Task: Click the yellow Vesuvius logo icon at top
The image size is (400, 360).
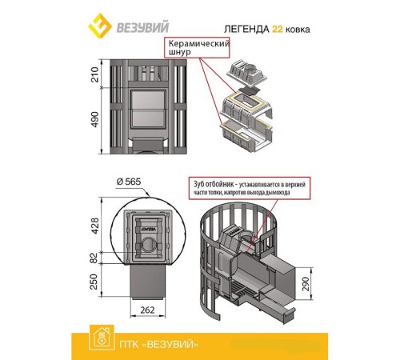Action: [100, 26]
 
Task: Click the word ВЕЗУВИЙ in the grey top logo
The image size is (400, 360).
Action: [143, 27]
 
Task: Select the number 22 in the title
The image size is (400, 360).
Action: [277, 29]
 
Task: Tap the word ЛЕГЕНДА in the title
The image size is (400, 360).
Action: [246, 29]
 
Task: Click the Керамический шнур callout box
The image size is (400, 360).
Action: [197, 47]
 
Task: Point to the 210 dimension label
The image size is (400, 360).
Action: [94, 74]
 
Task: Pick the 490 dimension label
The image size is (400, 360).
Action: [94, 119]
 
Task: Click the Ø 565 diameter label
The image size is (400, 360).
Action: [129, 182]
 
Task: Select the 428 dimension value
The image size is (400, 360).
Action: [94, 226]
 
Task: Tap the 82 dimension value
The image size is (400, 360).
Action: [94, 258]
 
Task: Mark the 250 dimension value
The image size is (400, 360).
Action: [94, 282]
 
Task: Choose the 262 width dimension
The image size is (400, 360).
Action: [147, 310]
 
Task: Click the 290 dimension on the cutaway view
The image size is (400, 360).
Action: [306, 284]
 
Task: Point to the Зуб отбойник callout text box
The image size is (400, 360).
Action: [250, 188]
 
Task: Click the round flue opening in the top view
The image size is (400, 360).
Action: [148, 244]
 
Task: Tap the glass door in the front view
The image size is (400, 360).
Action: [147, 110]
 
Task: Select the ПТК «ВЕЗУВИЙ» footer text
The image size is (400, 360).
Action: [159, 344]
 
